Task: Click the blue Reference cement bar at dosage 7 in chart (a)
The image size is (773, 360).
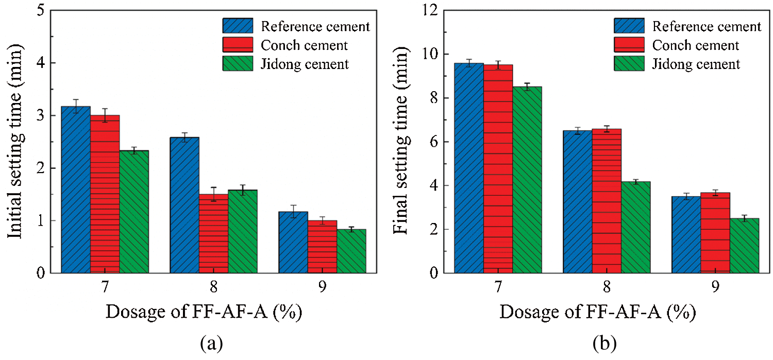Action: pos(76,191)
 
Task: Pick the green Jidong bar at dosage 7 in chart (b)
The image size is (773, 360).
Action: pos(527,180)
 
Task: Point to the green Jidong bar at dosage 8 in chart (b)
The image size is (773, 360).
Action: pos(636,227)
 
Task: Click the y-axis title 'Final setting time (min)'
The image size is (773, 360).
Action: pos(402,142)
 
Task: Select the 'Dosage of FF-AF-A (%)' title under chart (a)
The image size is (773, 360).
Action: pos(204,312)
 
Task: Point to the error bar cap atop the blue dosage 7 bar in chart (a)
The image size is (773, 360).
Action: pos(76,99)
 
